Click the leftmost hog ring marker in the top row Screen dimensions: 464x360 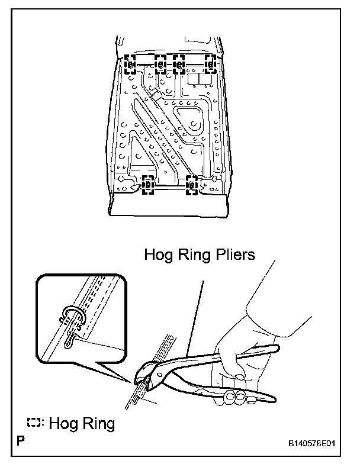point(131,63)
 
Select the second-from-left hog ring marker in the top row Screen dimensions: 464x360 point(160,63)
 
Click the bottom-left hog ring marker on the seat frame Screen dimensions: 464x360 point(147,185)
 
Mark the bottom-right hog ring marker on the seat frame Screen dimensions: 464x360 point(191,185)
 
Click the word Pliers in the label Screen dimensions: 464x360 point(233,256)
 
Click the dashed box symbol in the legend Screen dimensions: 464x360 point(33,424)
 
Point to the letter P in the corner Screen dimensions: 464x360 point(22,442)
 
